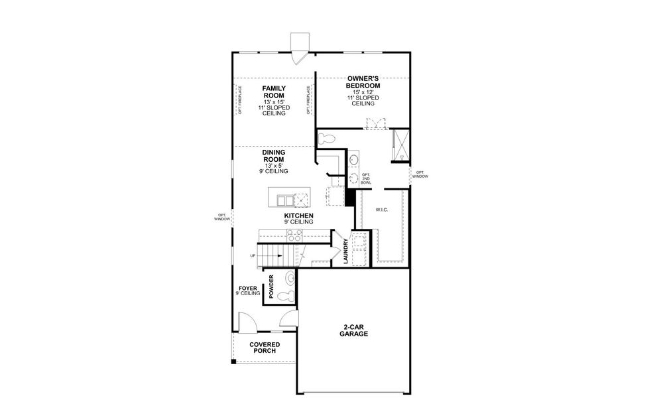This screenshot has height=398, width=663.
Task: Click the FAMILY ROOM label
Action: [x=273, y=92]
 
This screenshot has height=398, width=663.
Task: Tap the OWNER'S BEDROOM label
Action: [x=363, y=82]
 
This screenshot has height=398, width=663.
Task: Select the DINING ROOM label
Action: [x=273, y=156]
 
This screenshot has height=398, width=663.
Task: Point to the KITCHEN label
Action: [x=298, y=216]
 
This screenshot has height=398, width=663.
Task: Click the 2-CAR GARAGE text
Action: [x=355, y=330]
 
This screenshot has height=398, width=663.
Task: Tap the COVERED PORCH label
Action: [x=265, y=348]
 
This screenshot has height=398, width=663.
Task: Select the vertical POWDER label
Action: [x=271, y=285]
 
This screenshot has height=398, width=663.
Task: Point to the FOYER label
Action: [x=247, y=289]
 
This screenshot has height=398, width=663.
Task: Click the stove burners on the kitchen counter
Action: [x=294, y=235]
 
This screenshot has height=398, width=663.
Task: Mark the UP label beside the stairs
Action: [x=253, y=255]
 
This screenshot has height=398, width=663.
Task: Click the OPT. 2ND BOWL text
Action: [x=366, y=178]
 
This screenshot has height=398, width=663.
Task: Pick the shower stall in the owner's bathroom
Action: [x=400, y=146]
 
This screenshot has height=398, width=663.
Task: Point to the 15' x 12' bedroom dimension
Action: [x=363, y=92]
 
